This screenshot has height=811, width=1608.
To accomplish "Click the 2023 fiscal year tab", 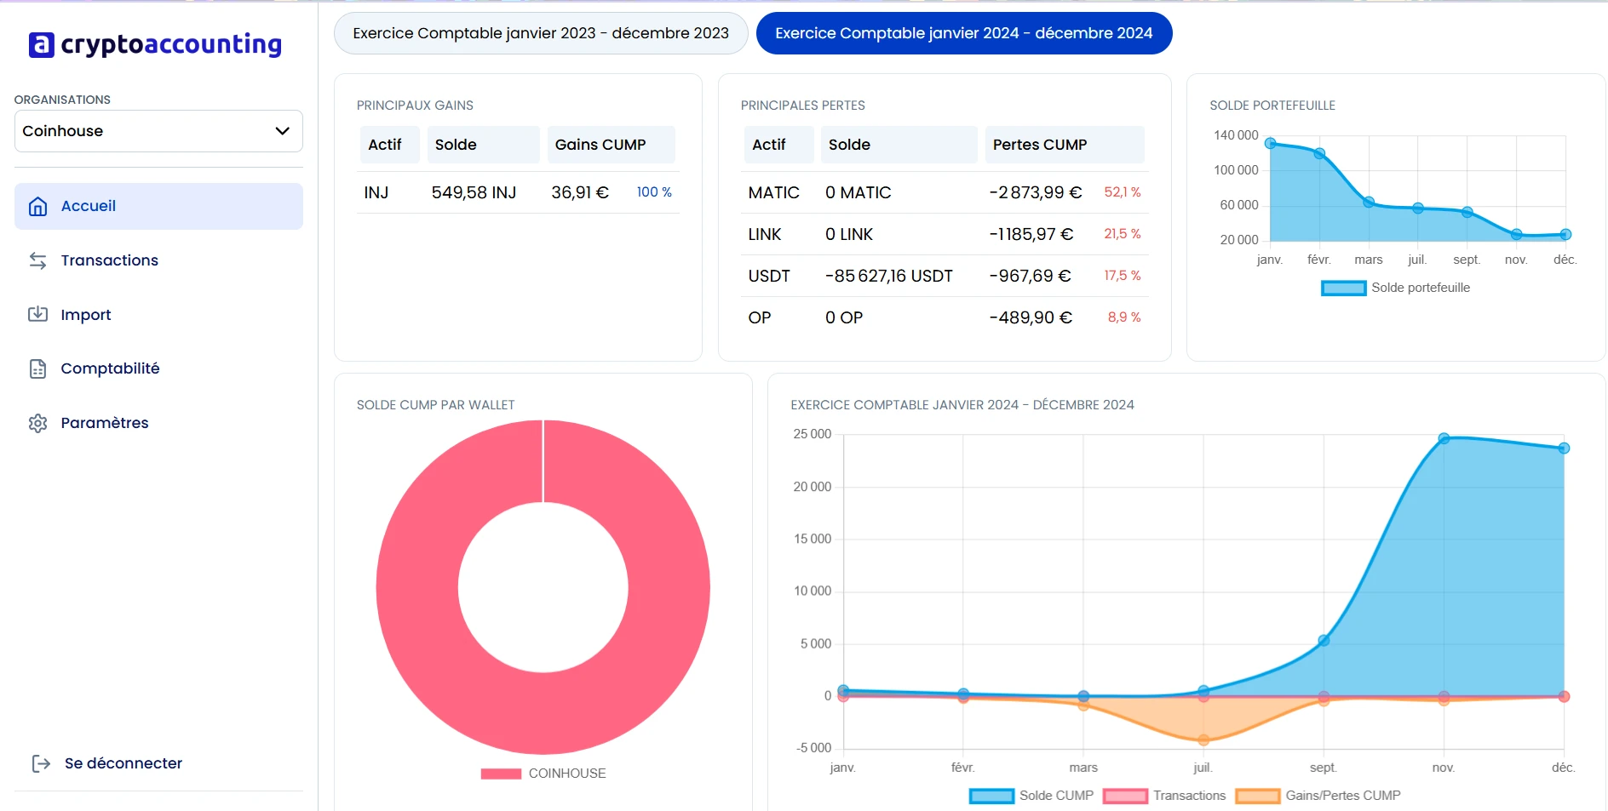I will coord(540,33).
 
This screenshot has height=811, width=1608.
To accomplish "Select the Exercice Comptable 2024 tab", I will coord(963,33).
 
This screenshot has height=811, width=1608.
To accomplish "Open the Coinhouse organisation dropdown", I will coord(158,131).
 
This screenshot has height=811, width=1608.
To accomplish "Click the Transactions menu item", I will coord(109,260).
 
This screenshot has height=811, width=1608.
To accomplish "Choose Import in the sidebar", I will coord(85,315).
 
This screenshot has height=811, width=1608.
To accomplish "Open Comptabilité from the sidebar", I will coord(110,368).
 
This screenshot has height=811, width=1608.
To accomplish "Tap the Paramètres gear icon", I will coord(37,423).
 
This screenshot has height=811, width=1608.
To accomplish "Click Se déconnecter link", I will coord(123,763).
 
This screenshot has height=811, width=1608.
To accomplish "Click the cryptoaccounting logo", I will coord(155,44).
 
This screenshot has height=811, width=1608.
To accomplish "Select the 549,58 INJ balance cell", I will coord(474,192).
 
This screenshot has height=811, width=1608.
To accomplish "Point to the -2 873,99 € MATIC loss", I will coord(1035,192).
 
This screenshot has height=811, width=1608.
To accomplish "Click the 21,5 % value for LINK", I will coord(1122,234).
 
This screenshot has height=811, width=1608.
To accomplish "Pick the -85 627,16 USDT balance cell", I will coord(888,276).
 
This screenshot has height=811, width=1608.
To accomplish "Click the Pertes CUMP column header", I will coord(1039,145).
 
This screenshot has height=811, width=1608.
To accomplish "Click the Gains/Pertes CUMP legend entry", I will coord(1318,796).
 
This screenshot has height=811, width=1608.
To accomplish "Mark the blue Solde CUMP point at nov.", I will coord(1444,438).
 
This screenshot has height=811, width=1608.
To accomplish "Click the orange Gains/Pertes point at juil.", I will coord(1203,740).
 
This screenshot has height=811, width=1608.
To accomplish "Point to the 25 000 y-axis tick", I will coord(812,434).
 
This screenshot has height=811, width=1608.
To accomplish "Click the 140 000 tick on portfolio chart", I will coord(1235,135).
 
